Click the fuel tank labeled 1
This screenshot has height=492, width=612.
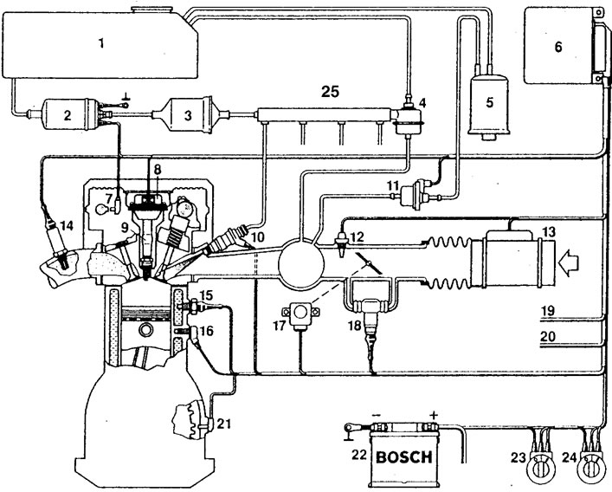pyautogui.click(x=100, y=43)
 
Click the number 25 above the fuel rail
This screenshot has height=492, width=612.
pyautogui.click(x=330, y=92)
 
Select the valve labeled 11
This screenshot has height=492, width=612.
pyautogui.click(x=415, y=194)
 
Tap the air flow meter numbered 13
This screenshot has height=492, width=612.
pyautogui.click(x=512, y=258)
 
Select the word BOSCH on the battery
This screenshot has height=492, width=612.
pyautogui.click(x=404, y=456)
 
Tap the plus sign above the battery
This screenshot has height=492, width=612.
pyautogui.click(x=433, y=415)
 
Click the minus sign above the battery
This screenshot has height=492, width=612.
pyautogui.click(x=377, y=415)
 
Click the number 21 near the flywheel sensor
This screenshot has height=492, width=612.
pyautogui.click(x=223, y=424)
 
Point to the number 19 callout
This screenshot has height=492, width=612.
pyautogui.click(x=548, y=311)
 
